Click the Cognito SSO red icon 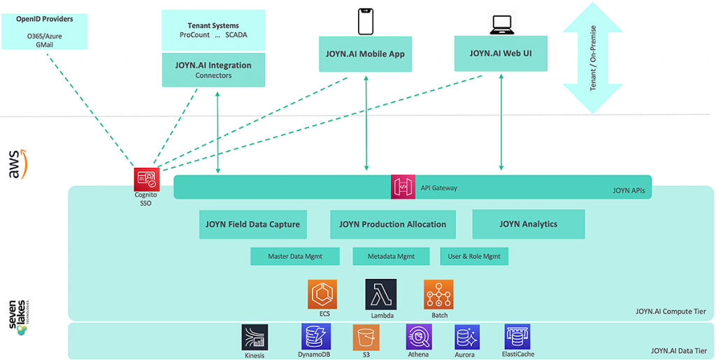pos(147,180)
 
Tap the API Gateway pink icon pos(403,187)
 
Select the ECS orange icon pos(323,294)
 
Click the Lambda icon pos(380,294)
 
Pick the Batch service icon pos(438,294)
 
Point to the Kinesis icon pos(255,337)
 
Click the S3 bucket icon pos(366,337)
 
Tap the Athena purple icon pos(418,337)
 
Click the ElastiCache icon pos(517,336)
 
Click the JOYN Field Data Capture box pos(252,224)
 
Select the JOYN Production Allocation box pos(392,224)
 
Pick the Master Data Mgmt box pos(294,257)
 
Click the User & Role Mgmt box pos(473,257)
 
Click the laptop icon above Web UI pos(501,25)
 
